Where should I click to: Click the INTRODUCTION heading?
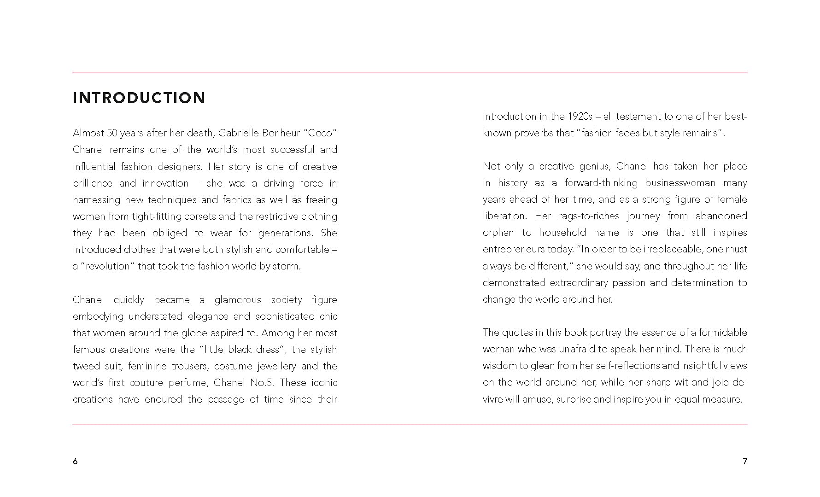[139, 98]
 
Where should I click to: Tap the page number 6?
[75, 461]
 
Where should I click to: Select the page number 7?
[744, 461]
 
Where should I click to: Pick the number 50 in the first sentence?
[112, 133]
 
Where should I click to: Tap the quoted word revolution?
[108, 266]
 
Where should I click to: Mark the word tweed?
[86, 366]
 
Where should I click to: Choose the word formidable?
[723, 333]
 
